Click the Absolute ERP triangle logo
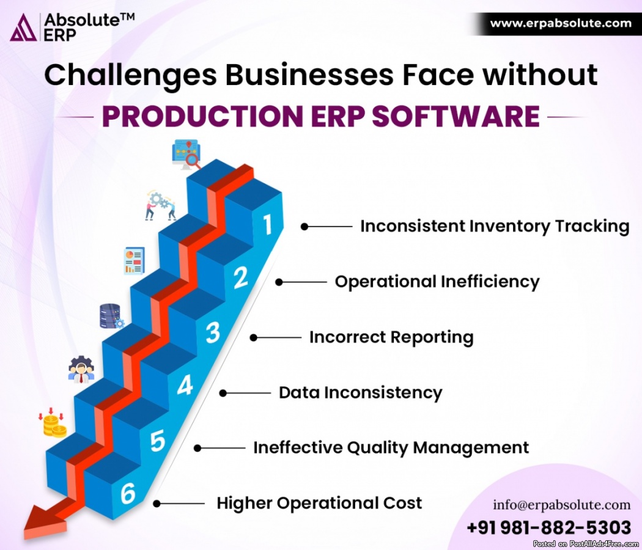23,28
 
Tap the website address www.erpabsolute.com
561,23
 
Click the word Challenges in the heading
130,75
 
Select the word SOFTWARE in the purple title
456,116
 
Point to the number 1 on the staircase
267,224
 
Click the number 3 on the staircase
213,332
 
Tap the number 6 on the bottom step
128,493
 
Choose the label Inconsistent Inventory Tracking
495,226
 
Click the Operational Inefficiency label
437,282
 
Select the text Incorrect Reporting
391,337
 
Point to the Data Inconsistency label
361,393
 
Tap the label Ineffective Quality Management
391,448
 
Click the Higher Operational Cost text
319,504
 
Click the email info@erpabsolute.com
562,505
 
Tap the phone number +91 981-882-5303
548,527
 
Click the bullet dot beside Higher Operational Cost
157,504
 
